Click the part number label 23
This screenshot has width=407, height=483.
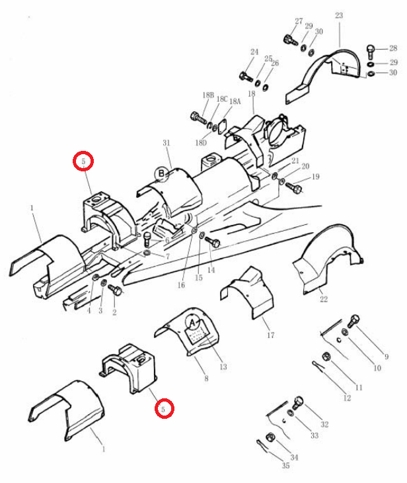(x=339, y=15)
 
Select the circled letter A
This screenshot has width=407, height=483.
(x=193, y=324)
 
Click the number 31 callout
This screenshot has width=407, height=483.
(x=166, y=143)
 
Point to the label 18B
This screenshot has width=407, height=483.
(x=208, y=95)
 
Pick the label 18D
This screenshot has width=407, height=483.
(x=201, y=143)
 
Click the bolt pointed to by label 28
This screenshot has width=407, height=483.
(x=371, y=52)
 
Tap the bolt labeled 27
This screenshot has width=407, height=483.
(x=290, y=40)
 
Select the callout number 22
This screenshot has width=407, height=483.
(x=324, y=299)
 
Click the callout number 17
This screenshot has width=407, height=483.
(x=271, y=335)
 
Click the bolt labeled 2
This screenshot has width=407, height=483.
(x=116, y=290)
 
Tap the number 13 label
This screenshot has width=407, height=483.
(x=223, y=367)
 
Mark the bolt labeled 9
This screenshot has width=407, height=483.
(x=353, y=321)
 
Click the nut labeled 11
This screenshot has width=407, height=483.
(x=326, y=357)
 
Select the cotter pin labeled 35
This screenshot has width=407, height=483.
(x=262, y=447)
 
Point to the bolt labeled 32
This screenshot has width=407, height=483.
(x=298, y=403)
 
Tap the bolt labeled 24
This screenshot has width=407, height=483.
(x=246, y=76)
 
